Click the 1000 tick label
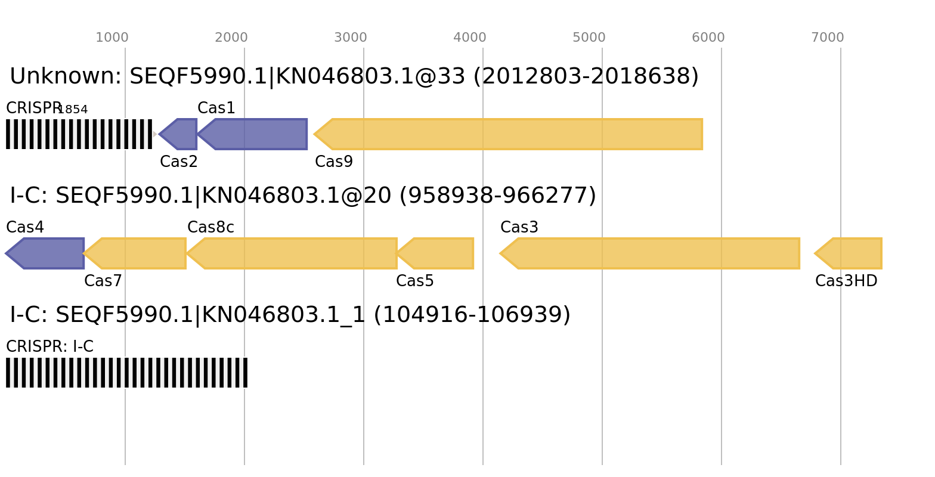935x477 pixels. pyautogui.click(x=112, y=38)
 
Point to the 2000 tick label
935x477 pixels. pyautogui.click(x=231, y=38)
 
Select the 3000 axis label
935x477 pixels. pyautogui.click(x=351, y=38)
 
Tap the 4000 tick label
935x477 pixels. pyautogui.click(x=470, y=38)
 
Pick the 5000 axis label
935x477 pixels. pyautogui.click(x=589, y=38)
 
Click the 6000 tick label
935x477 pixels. pyautogui.click(x=708, y=38)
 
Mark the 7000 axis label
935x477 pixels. pyautogui.click(x=828, y=38)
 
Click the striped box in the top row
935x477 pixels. pyautogui.click(x=79, y=134)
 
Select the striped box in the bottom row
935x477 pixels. pyautogui.click(x=126, y=373)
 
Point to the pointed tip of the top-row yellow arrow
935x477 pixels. pyautogui.click(x=314, y=134)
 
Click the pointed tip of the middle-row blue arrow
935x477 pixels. pyautogui.click(x=6, y=253)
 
